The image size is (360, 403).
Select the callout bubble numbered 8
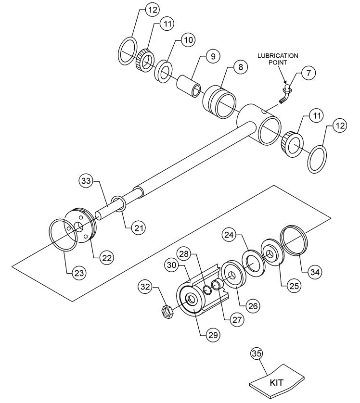(x=239, y=67)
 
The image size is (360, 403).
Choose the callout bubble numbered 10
(x=188, y=40)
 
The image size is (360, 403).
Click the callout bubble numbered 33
(x=85, y=181)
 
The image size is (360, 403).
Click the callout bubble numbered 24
(x=229, y=235)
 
